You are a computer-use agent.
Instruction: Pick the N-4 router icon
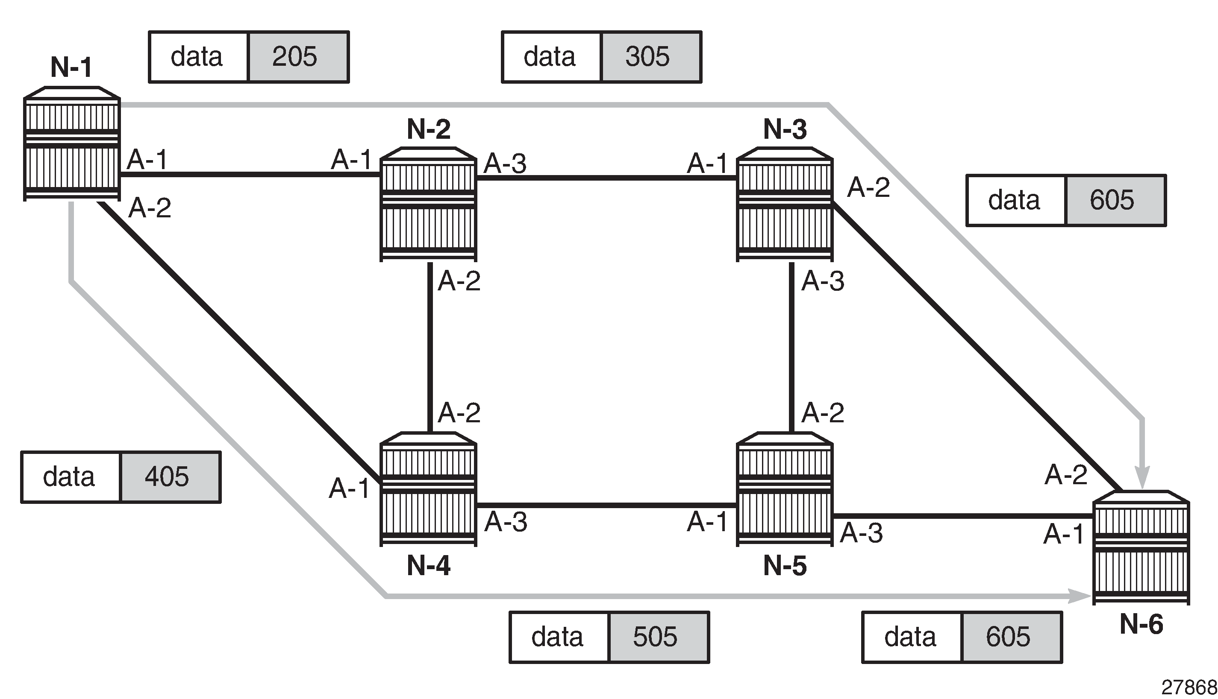(x=428, y=489)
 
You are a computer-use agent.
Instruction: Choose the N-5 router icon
(x=785, y=489)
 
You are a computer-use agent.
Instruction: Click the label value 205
(x=294, y=57)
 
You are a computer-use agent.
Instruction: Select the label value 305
(x=647, y=57)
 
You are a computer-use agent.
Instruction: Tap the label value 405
(x=167, y=477)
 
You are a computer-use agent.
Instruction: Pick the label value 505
(x=655, y=637)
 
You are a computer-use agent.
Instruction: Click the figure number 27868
(x=1189, y=688)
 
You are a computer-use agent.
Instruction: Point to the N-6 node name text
(x=1141, y=624)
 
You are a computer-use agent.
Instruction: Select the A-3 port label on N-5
(x=861, y=533)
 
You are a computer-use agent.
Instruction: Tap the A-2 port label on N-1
(x=150, y=208)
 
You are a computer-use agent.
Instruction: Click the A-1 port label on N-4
(x=349, y=488)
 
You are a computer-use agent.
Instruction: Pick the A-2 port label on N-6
(x=1066, y=475)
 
